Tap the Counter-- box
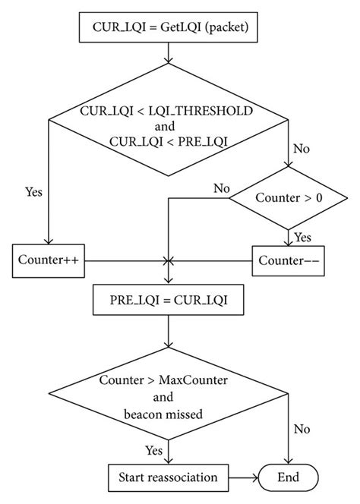click(289, 260)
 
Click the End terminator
click(289, 477)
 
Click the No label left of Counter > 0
click(221, 187)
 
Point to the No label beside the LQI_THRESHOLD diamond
click(302, 149)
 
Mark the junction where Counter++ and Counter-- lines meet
click(168, 260)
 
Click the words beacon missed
click(168, 414)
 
